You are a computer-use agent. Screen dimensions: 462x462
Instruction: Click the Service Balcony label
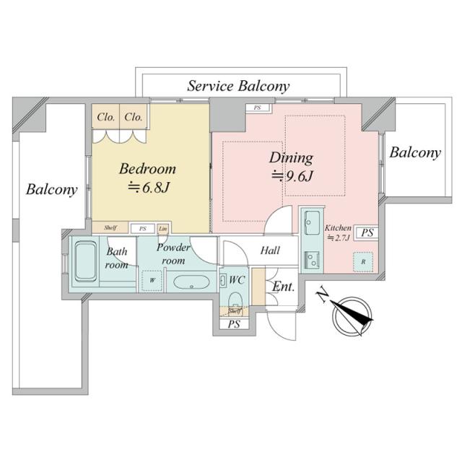(238, 86)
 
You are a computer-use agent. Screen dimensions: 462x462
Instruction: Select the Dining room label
(291, 157)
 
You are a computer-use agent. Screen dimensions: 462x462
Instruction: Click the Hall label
(270, 250)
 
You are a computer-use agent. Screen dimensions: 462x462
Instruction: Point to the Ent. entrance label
(283, 287)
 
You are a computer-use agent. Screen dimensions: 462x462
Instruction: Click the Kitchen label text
(338, 227)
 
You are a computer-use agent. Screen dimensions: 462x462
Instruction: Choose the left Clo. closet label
(105, 117)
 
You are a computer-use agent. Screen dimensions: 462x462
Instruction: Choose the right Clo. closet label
(133, 117)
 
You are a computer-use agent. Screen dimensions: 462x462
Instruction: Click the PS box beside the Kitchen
(367, 232)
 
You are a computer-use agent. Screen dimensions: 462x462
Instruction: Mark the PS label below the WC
(233, 325)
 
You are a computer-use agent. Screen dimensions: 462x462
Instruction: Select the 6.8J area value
(152, 188)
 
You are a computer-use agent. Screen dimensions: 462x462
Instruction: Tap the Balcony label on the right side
(415, 153)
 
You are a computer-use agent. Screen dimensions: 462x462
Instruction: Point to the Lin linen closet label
(163, 228)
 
